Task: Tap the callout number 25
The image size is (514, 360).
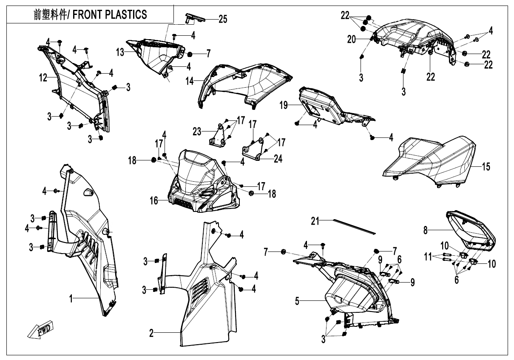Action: pyautogui.click(x=223, y=19)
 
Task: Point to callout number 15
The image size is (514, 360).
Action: pyautogui.click(x=486, y=166)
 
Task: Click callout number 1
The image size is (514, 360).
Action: pyautogui.click(x=73, y=299)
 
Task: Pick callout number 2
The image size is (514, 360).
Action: pyautogui.click(x=151, y=333)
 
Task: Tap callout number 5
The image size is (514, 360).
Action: pyautogui.click(x=298, y=301)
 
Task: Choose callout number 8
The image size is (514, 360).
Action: pyautogui.click(x=425, y=230)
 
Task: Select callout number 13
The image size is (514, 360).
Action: pyautogui.click(x=120, y=52)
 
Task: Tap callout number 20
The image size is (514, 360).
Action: pyautogui.click(x=351, y=39)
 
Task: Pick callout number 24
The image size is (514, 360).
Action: pyautogui.click(x=278, y=159)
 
